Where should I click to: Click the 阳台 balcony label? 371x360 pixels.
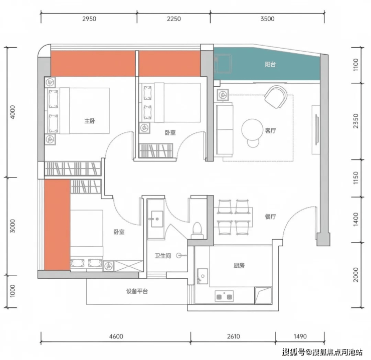(x=270, y=64)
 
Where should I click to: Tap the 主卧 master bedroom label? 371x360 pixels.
(x=90, y=121)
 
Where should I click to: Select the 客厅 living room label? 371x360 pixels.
(x=270, y=130)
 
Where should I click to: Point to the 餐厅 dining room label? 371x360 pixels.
(x=270, y=216)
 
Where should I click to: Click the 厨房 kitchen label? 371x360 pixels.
(x=239, y=265)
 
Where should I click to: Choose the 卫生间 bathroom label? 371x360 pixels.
(x=163, y=256)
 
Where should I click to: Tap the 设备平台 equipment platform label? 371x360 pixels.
(x=137, y=291)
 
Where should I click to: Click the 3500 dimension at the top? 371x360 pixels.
(x=267, y=19)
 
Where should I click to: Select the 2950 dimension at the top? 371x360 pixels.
(x=89, y=19)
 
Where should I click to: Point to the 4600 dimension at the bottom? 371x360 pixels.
(x=116, y=336)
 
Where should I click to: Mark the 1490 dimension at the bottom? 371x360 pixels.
(x=300, y=336)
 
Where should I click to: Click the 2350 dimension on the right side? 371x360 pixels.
(x=355, y=121)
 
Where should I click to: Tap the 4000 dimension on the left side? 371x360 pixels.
(x=13, y=112)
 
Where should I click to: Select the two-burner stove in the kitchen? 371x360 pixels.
(x=224, y=296)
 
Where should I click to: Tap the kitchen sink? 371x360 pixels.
(x=203, y=276)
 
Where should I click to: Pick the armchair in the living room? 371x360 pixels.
(x=276, y=97)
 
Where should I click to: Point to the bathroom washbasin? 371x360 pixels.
(x=157, y=219)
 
